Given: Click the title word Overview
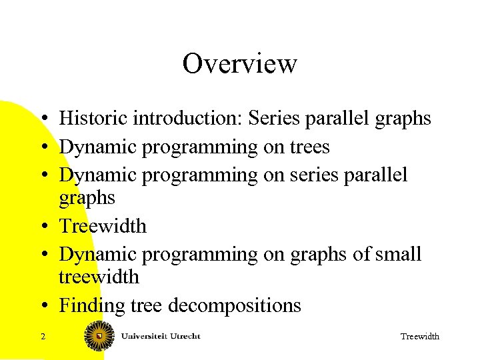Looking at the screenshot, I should click(x=239, y=64).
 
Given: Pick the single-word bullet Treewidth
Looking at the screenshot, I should click(x=103, y=226).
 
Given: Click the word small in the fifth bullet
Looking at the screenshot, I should click(x=399, y=254).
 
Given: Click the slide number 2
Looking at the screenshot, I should click(x=43, y=337).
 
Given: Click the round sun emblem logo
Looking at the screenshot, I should click(x=100, y=336).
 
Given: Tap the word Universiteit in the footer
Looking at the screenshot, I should click(x=145, y=336).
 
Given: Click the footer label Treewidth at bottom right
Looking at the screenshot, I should click(x=419, y=337).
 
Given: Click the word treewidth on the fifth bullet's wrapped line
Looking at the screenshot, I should click(x=99, y=277).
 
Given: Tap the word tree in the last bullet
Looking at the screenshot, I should click(x=147, y=306).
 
